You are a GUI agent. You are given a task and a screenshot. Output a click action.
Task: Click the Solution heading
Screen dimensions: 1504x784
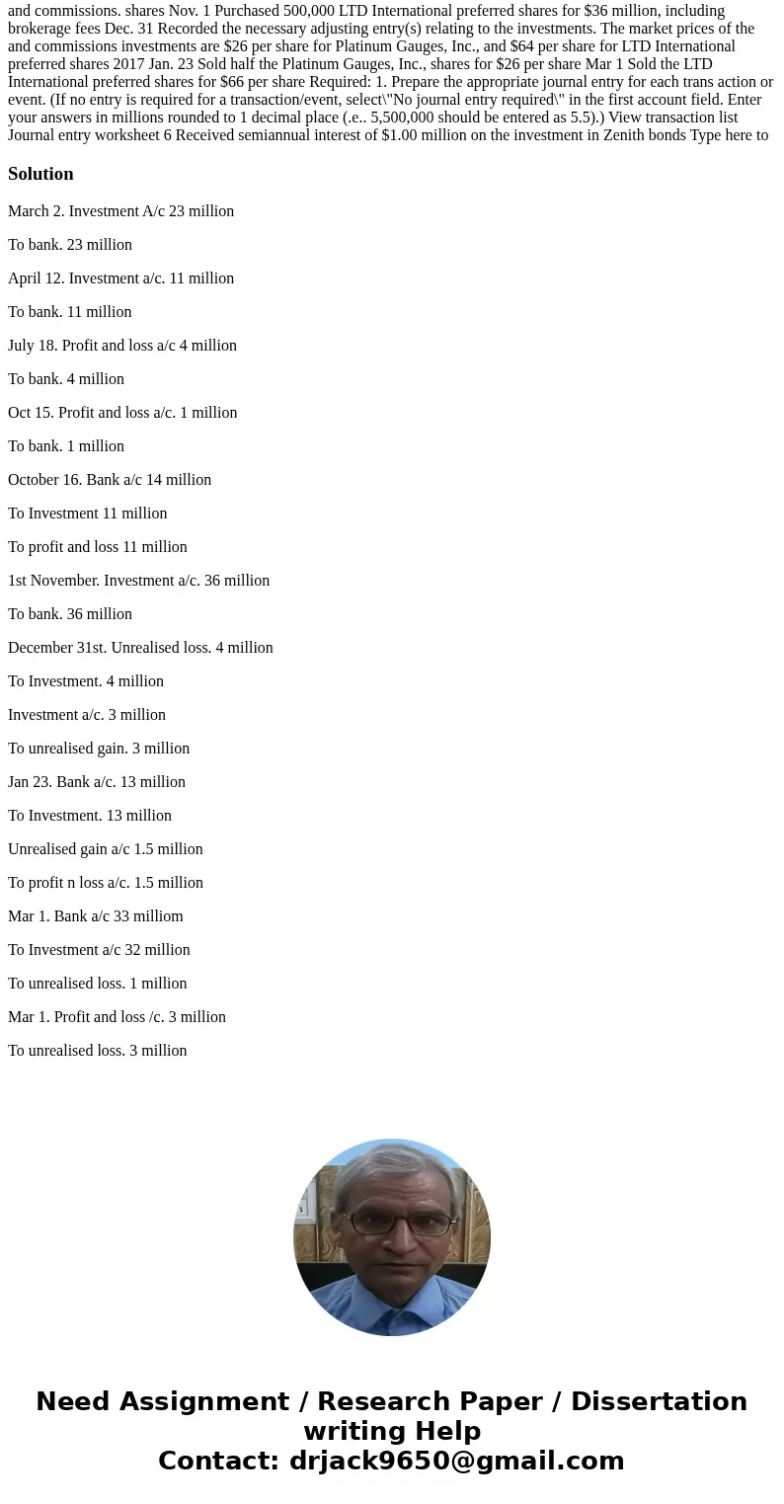[40, 174]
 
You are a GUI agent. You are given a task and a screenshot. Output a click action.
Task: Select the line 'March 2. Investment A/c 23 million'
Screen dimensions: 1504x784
[120, 211]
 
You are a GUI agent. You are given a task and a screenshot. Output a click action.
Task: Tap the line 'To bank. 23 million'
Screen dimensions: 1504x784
[70, 245]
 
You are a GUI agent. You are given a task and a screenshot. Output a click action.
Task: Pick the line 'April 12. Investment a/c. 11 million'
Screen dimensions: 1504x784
[120, 278]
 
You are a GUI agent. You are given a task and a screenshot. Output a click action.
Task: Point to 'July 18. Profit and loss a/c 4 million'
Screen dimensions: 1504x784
[122, 346]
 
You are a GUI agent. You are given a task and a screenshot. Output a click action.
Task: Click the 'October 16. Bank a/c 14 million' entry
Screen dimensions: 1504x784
[110, 480]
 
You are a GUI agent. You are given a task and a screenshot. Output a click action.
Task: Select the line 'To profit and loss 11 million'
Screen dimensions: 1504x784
[98, 547]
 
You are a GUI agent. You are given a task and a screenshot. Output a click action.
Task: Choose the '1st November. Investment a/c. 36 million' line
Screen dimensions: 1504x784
[138, 581]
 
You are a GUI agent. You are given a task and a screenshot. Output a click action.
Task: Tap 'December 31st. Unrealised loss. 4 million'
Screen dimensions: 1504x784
[140, 648]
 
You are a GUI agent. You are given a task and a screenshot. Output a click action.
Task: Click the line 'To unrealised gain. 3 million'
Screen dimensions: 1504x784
[99, 749]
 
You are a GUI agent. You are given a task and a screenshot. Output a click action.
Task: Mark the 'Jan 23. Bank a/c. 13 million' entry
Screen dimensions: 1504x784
[97, 782]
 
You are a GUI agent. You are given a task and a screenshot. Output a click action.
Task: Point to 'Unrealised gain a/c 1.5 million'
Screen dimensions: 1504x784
[106, 849]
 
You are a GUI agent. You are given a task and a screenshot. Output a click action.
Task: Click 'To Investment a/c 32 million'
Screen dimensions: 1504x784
[99, 950]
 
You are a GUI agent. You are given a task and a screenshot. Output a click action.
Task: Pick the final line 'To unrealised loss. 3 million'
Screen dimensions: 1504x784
[98, 1051]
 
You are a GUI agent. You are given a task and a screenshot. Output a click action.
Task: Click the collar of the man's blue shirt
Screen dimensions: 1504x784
[392, 1294]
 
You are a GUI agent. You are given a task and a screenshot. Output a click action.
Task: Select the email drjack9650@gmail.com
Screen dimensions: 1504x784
[457, 1461]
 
